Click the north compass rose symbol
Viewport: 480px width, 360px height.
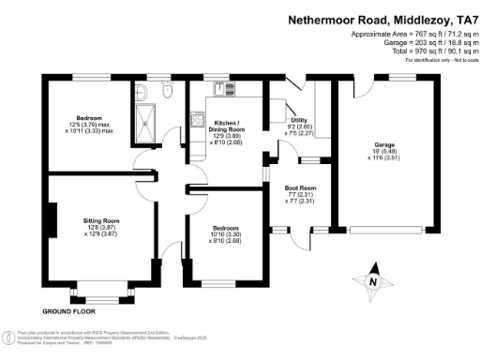tap(372, 280)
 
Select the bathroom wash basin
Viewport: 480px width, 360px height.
tap(142, 91)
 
